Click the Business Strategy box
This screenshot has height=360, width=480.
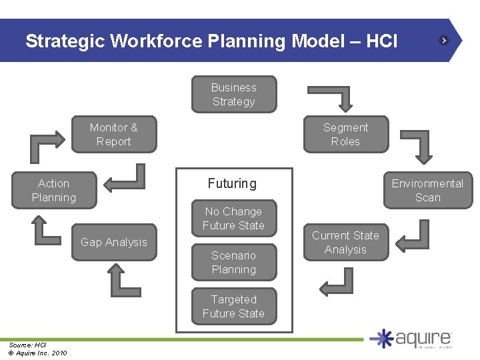point(233,95)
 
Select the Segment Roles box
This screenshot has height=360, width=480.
point(345,135)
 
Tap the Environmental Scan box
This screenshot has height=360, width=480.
point(427,190)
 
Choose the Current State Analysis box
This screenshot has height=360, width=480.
point(345,243)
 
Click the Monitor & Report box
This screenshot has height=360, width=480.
point(113,135)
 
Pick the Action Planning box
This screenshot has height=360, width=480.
point(53,190)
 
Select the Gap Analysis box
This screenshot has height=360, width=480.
point(113,242)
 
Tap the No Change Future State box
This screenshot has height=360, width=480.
point(233,219)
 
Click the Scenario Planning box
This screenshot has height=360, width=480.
point(233,262)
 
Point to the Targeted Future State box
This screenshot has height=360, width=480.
point(233,307)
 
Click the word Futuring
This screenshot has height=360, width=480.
point(232,183)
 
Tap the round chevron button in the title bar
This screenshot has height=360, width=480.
point(444,41)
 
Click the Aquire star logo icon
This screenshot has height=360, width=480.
point(383,339)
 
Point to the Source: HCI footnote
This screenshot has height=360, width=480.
point(27,345)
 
